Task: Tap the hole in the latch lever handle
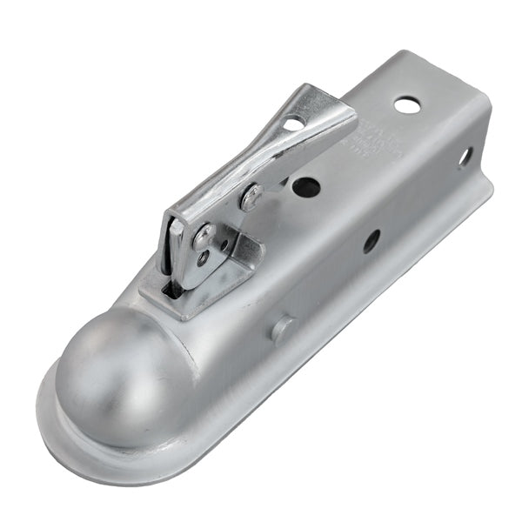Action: click(x=293, y=124)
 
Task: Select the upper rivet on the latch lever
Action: click(x=252, y=197)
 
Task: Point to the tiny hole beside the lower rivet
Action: click(x=203, y=258)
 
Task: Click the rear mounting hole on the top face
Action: click(x=406, y=105)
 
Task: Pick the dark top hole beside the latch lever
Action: click(x=305, y=186)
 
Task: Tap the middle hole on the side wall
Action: click(x=371, y=241)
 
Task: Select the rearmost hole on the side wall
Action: click(x=465, y=157)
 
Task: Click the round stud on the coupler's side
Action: click(x=281, y=329)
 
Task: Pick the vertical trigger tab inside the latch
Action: click(x=177, y=252)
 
